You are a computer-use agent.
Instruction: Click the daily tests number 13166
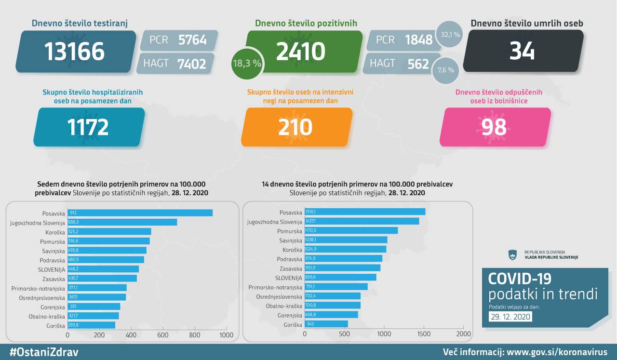75,52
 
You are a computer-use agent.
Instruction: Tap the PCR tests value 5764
192,40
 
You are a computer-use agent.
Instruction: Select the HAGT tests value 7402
192,63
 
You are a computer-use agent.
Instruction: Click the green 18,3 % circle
247,63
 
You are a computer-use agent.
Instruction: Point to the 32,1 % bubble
450,35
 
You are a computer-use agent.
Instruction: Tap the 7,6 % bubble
445,70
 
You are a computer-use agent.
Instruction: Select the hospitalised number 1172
88,127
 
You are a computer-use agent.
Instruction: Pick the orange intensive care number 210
295,127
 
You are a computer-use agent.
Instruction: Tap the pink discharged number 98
494,127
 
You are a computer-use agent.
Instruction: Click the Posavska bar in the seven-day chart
140,213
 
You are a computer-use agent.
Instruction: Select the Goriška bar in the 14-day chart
326,324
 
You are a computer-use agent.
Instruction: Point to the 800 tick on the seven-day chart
195,335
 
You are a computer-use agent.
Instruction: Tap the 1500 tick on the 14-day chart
424,333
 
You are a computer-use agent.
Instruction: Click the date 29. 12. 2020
510,317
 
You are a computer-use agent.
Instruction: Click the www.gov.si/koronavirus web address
557,352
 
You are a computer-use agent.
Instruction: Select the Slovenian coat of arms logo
512,254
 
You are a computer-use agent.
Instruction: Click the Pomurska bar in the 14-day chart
351,230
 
